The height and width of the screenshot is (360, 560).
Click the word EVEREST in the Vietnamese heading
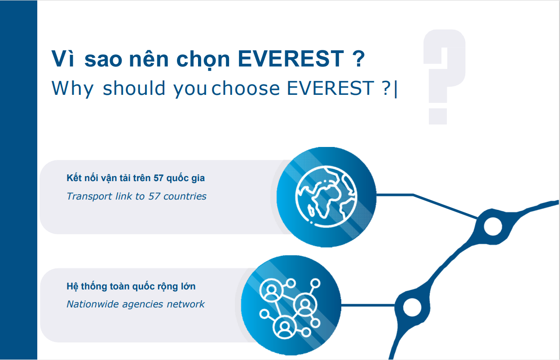click(x=291, y=59)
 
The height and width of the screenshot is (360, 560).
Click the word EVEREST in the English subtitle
click(x=330, y=88)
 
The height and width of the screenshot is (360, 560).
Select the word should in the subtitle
click(x=134, y=88)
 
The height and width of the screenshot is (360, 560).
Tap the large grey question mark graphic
click(x=444, y=77)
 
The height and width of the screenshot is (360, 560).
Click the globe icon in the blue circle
click(x=326, y=197)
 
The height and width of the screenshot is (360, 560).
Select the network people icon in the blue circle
click(x=290, y=308)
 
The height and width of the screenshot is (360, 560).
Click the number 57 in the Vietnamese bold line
click(x=159, y=178)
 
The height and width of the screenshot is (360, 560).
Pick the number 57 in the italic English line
click(x=154, y=196)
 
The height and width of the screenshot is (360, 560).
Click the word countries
click(x=185, y=196)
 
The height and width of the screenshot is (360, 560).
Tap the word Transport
click(x=89, y=197)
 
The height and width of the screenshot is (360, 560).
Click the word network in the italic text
click(x=186, y=304)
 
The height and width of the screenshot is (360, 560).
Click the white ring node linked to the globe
click(x=493, y=227)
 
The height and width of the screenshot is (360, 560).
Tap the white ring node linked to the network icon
click(x=412, y=307)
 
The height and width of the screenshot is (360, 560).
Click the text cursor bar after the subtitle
click(x=396, y=89)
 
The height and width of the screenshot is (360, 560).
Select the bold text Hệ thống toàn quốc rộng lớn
click(x=131, y=286)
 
